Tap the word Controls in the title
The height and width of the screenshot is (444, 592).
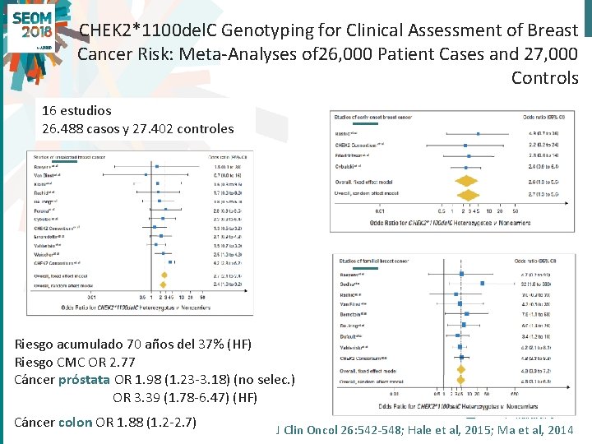pos(544,78)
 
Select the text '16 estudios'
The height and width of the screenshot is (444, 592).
pos(76,109)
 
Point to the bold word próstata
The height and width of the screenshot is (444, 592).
pos(86,380)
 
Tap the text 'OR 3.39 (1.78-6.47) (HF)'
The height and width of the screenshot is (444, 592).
pos(184,398)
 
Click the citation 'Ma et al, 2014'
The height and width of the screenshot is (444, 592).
pos(534,429)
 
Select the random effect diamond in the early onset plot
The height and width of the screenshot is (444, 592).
pos(468,195)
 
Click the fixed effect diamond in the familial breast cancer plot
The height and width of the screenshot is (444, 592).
pos(460,370)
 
